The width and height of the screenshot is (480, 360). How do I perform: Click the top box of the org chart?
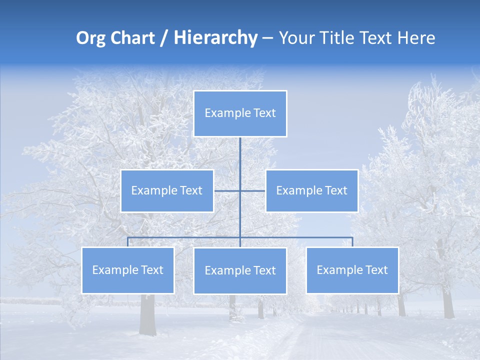click(x=240, y=113)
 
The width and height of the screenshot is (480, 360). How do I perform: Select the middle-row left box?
click(x=167, y=190)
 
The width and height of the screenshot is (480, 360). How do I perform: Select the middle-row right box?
click(x=311, y=190)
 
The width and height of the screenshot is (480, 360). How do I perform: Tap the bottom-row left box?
click(x=128, y=270)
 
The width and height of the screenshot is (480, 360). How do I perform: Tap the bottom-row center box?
click(x=240, y=270)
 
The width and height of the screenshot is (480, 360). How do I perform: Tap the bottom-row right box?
click(x=352, y=270)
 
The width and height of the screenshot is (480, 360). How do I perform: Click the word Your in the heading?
click(x=296, y=38)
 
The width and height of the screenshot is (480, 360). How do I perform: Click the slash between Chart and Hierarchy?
click(x=164, y=38)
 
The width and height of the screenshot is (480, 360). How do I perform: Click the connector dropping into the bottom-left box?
click(x=128, y=242)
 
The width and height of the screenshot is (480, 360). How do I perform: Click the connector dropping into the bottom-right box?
click(x=352, y=242)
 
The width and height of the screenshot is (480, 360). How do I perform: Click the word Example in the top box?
click(x=221, y=113)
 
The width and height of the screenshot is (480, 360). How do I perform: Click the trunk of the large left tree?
click(x=147, y=315)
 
